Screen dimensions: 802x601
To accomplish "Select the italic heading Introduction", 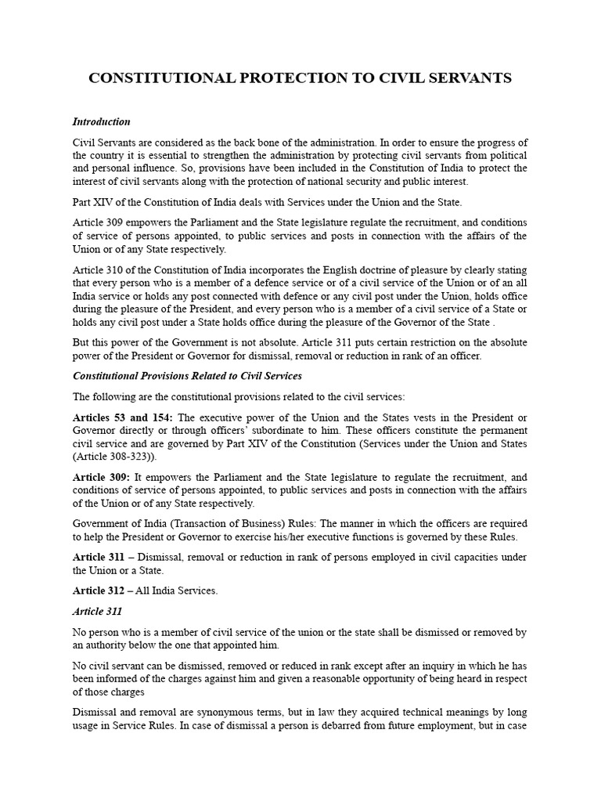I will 101,122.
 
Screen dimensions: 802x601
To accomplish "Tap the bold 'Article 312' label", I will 100,591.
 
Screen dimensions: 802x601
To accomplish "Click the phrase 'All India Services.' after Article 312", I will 177,591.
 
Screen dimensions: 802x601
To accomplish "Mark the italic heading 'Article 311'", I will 97,611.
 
